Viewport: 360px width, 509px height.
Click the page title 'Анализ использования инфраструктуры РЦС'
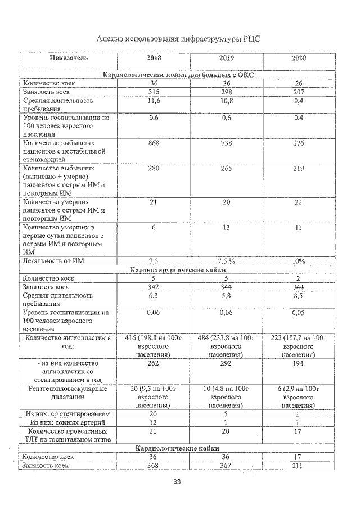pos(178,39)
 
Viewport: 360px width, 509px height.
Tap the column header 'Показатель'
pos(68,58)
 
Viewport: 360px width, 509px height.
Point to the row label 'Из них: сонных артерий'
pos(68,422)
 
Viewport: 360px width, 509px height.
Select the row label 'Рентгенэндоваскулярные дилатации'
pos(68,393)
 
